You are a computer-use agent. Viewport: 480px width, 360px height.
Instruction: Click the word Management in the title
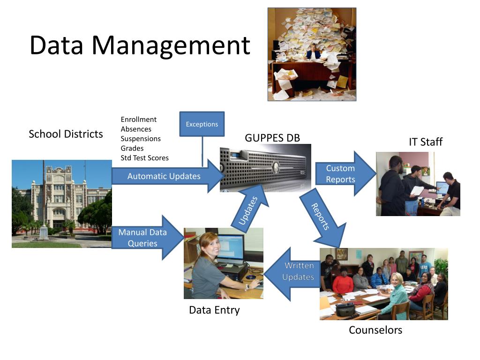tap(171, 46)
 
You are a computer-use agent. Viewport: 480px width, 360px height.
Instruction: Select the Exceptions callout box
tap(202, 124)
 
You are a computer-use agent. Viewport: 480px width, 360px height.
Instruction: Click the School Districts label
tap(66, 134)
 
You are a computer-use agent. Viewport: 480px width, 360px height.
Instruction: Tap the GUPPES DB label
tap(272, 138)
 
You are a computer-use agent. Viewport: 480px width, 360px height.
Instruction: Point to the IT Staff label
tap(426, 142)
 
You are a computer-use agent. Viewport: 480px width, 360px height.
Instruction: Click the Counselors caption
tap(375, 330)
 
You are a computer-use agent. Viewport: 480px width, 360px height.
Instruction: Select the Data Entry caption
tap(214, 310)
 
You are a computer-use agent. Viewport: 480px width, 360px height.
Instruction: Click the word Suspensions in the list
tap(141, 139)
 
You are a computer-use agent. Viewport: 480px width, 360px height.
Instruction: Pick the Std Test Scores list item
tap(144, 158)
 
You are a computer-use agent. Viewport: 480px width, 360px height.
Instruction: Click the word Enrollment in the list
tap(139, 120)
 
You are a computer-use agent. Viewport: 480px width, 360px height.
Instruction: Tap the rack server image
tap(265, 168)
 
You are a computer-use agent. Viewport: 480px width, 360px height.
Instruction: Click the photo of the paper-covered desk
tap(312, 54)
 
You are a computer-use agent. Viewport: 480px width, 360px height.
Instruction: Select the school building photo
tap(62, 203)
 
